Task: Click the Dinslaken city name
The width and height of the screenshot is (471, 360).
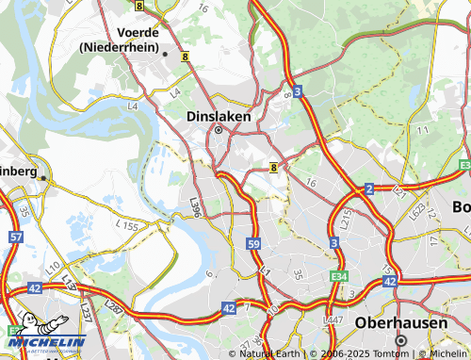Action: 218,115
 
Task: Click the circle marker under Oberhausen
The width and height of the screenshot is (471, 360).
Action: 400,340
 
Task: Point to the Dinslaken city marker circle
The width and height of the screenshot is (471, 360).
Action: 218,130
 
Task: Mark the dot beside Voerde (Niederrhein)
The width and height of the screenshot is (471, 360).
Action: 166,54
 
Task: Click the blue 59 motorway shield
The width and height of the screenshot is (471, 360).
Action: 254,244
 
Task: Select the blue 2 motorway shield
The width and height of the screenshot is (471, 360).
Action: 369,189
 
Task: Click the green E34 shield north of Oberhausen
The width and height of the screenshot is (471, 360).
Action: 341,276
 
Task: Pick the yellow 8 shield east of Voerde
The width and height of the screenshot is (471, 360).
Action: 186,57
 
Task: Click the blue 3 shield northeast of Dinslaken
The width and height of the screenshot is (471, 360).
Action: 298,91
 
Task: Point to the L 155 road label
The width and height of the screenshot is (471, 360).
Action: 127,227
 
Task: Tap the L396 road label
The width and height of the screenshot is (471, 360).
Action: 195,206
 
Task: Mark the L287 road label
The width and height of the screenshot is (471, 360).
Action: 114,306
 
